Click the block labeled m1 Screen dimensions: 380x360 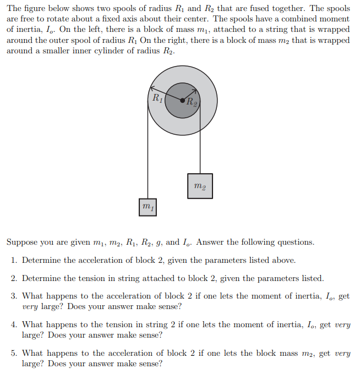148,207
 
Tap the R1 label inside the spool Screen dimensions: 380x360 157,99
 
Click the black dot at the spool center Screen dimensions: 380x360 182,100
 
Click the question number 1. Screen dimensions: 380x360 14,260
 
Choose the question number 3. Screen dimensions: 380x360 14,296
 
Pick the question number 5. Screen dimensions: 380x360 14,354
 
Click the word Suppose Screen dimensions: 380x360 22,242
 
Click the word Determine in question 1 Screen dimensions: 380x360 42,260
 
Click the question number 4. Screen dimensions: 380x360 14,324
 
